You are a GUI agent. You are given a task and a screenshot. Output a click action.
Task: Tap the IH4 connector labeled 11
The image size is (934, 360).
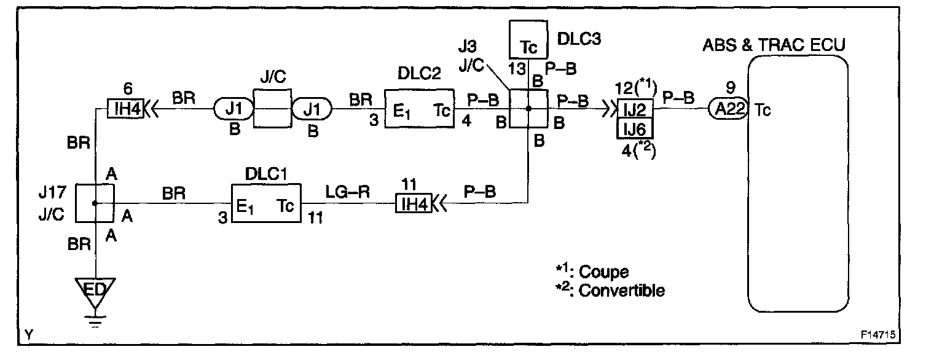click(413, 204)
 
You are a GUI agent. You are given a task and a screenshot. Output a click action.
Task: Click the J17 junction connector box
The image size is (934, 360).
click(95, 203)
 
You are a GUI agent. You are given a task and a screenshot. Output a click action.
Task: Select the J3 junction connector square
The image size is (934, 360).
click(528, 109)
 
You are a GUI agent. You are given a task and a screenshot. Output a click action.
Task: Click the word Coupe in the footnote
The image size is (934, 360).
click(603, 272)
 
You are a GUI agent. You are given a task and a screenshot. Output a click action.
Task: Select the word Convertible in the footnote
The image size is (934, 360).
click(621, 290)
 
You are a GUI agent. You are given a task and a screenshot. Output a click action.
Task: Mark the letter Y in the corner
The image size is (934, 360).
click(29, 335)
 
